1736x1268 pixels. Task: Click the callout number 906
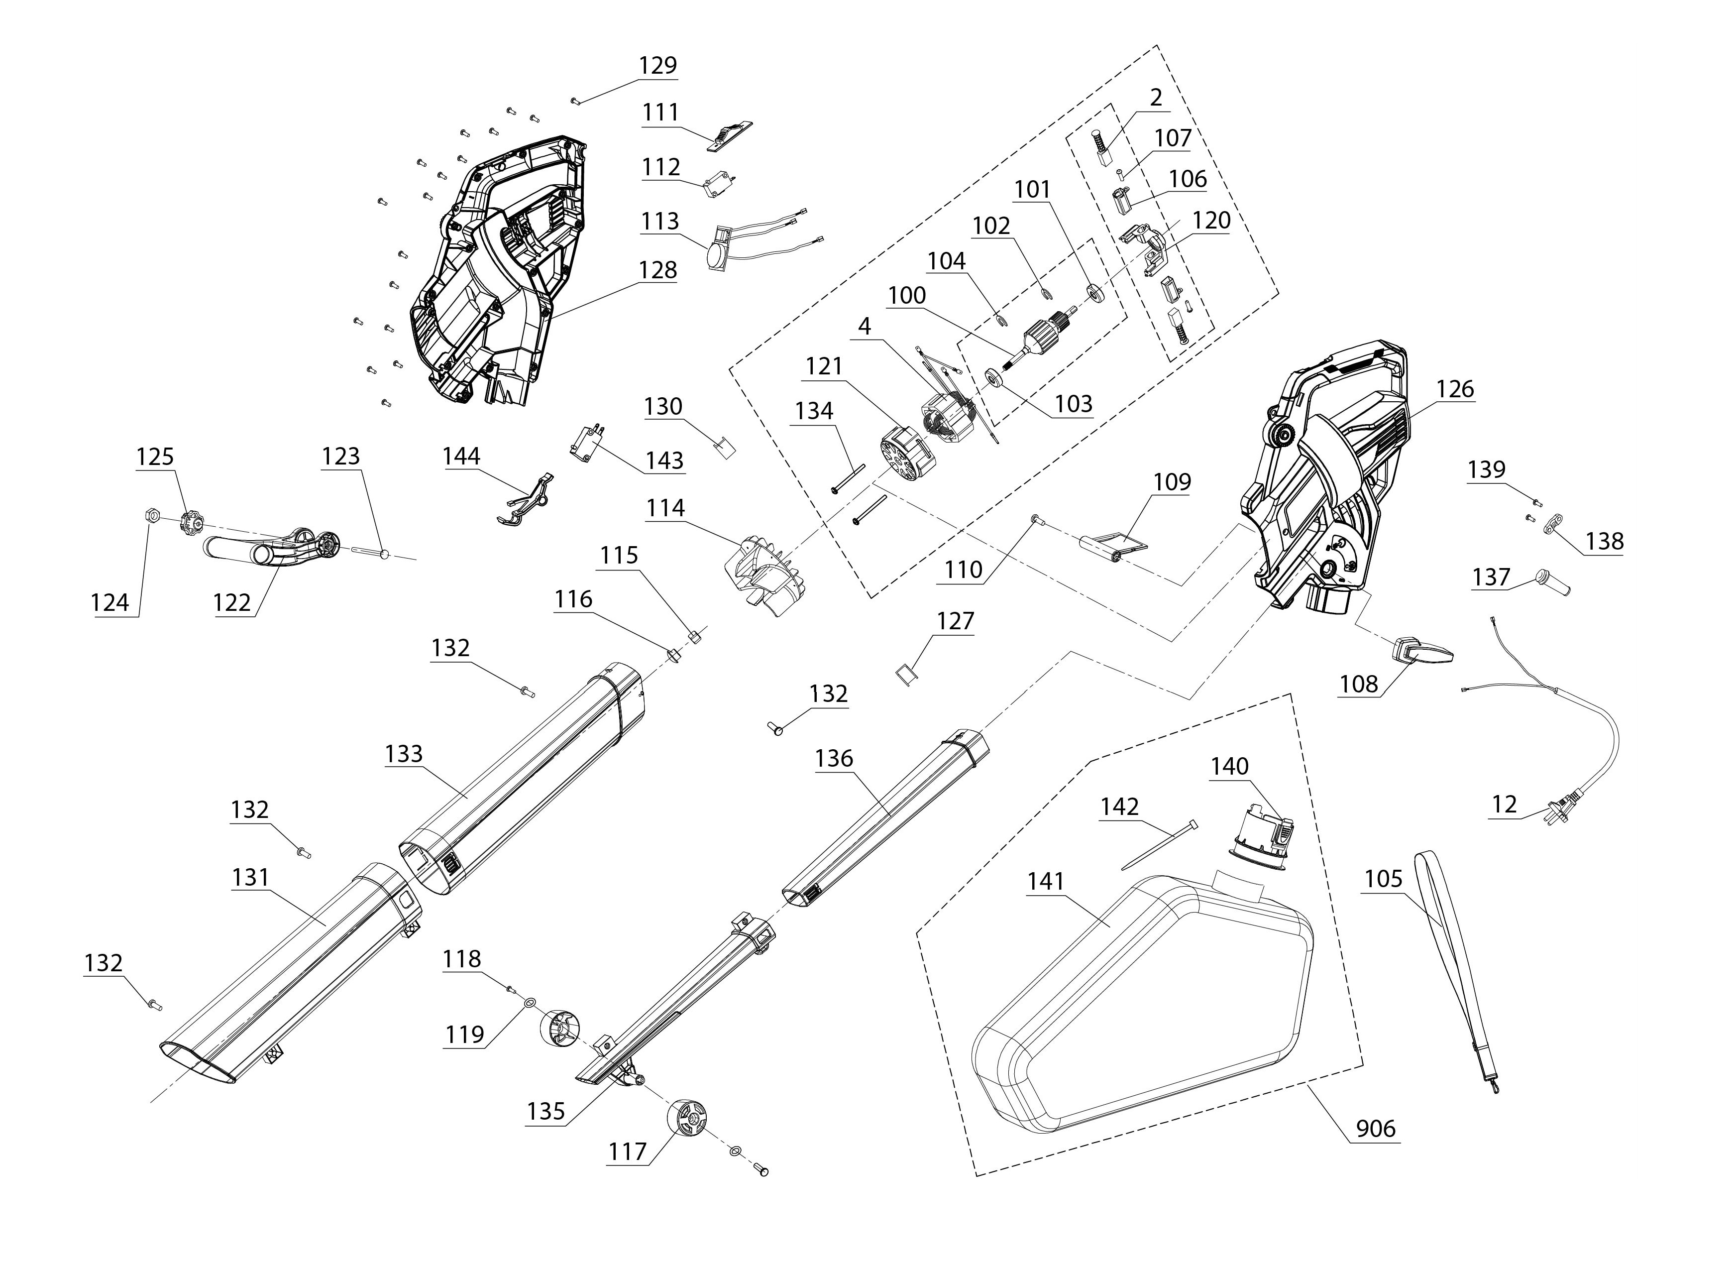pos(1376,1128)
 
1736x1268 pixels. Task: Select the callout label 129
pos(658,65)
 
